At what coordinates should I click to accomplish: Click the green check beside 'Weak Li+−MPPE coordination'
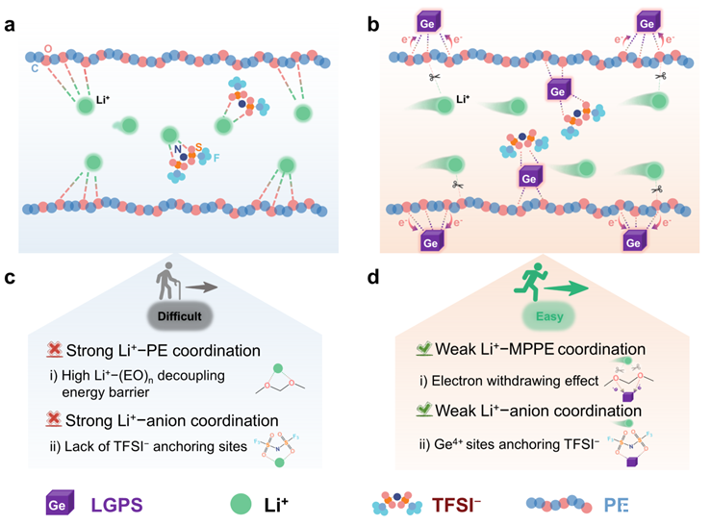click(x=415, y=346)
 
